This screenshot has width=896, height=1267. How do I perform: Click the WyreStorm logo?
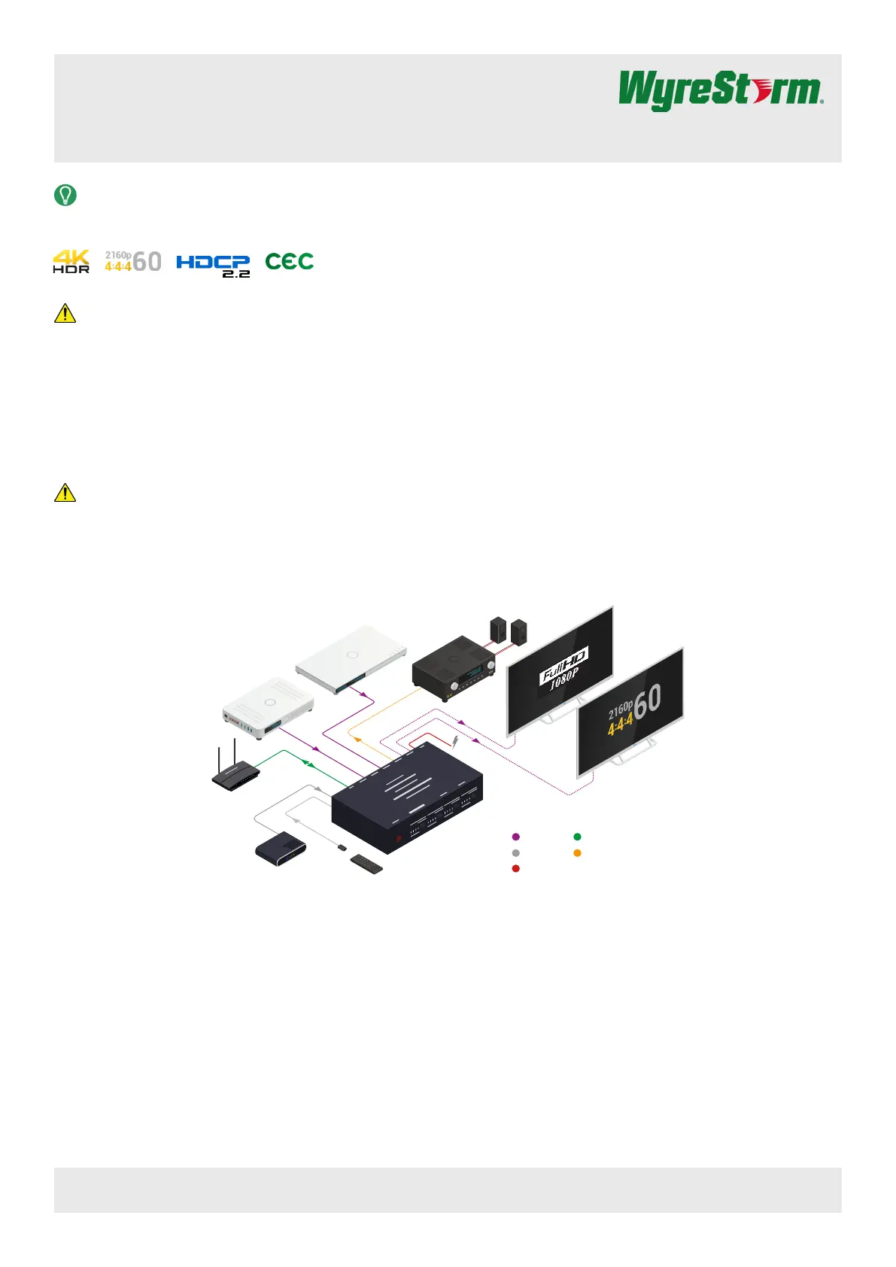tap(720, 91)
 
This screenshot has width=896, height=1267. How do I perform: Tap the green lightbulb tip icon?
tap(65, 196)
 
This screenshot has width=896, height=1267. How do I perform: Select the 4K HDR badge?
tap(71, 261)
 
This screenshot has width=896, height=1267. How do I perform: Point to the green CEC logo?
tap(289, 261)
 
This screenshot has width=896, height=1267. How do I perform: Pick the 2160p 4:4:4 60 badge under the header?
tap(133, 261)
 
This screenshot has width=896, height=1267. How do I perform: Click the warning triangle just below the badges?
tap(65, 313)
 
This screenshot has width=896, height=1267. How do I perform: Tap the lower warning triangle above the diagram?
tap(65, 493)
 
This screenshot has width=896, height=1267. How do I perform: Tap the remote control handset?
tap(366, 864)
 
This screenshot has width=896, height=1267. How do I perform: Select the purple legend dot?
tap(515, 837)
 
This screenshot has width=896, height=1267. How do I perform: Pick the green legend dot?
tap(577, 837)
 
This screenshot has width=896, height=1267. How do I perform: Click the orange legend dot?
tap(577, 853)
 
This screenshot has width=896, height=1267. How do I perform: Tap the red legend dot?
tap(515, 868)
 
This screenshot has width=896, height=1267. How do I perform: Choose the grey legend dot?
tap(515, 853)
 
